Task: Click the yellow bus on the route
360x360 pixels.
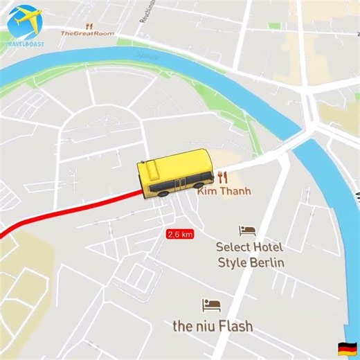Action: coord(174,173)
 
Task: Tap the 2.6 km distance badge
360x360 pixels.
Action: coord(179,235)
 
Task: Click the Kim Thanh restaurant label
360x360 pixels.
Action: coord(224,191)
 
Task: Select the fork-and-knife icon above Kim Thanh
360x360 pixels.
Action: coord(222,178)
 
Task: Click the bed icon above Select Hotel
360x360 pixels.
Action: coord(247,231)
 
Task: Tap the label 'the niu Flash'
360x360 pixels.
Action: coord(213,325)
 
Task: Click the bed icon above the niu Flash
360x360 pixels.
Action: coord(211,305)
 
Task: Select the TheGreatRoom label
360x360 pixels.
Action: coord(87,33)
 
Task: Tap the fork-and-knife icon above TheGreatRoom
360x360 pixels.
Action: coord(89,26)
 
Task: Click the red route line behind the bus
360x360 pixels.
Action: coord(69,208)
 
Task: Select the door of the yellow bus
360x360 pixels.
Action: coord(179,185)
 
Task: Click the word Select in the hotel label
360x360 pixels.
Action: coord(235,246)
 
